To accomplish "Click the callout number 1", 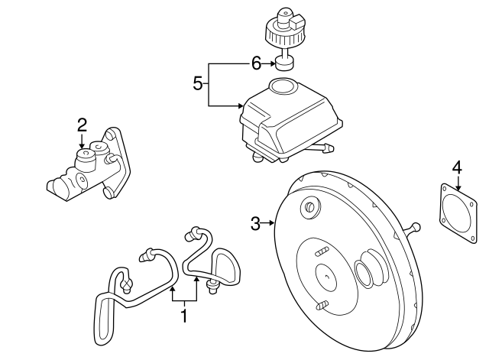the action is point(184,316).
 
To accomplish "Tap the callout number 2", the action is point(82,125).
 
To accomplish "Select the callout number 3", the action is point(255,224).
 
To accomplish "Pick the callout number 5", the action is point(198,83).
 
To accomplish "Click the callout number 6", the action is point(256,64).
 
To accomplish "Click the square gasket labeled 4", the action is point(458,213).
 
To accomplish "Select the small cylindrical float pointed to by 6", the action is point(285,65).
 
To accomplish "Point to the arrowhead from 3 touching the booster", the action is point(272,222).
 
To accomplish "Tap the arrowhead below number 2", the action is point(82,146).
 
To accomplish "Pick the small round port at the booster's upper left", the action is point(310,207).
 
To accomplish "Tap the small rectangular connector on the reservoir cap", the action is point(296,22).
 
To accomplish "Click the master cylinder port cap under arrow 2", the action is point(85,159).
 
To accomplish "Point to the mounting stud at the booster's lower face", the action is point(322,306).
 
